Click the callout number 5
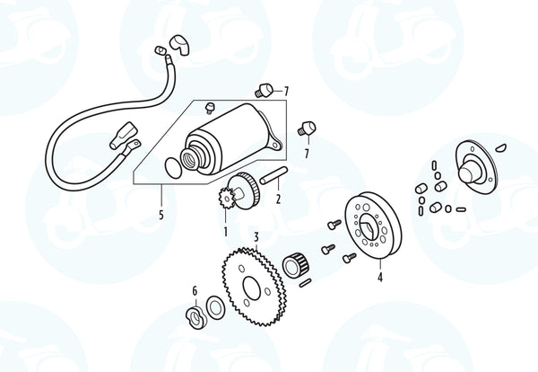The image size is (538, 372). [x=161, y=215]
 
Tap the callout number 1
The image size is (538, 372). [x=225, y=232]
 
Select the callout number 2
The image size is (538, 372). [x=278, y=199]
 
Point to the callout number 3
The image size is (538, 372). [x=256, y=237]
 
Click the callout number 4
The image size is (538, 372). [x=380, y=277]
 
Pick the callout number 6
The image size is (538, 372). [x=195, y=291]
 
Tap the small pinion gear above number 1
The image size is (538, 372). [x=226, y=198]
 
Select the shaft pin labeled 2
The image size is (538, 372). [x=273, y=175]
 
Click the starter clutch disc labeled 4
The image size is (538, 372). [x=373, y=227]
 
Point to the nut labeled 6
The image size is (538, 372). [x=195, y=318]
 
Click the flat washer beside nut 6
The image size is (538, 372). [x=215, y=307]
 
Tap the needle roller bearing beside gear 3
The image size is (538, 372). [x=296, y=264]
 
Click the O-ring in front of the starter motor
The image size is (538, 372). [x=173, y=168]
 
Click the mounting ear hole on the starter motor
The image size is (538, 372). [x=275, y=146]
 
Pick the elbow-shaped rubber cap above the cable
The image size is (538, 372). [x=178, y=44]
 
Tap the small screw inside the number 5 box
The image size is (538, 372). [x=209, y=107]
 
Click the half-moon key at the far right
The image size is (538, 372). [x=501, y=148]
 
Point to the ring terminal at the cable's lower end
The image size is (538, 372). [x=132, y=146]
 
